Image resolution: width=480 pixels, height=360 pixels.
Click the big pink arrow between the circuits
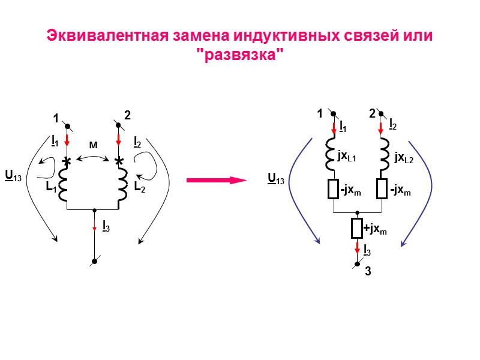[216, 179]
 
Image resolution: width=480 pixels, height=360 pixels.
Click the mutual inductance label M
[93, 145]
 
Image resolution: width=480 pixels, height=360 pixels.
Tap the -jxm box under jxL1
[333, 190]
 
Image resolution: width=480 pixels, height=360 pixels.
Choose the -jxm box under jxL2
[382, 190]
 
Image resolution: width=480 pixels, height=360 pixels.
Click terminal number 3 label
[368, 272]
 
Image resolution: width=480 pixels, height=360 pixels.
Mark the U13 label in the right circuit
[276, 178]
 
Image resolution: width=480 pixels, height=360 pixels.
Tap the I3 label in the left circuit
[106, 226]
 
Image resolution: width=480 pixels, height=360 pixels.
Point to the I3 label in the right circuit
[366, 249]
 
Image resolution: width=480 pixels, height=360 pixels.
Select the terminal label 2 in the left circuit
[127, 115]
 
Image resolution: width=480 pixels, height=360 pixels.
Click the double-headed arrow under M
[93, 158]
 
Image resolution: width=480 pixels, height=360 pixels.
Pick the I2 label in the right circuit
[392, 124]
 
